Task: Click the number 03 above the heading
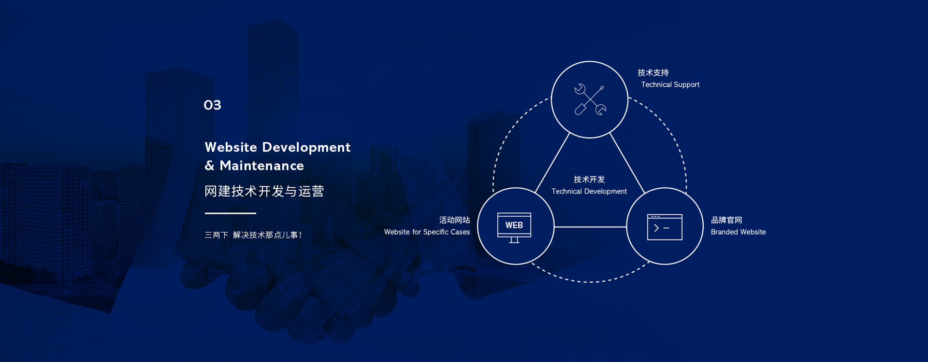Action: [x=212, y=105]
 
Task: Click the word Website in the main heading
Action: [x=231, y=147]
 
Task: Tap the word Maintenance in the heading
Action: [x=262, y=166]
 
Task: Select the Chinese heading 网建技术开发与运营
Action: [x=264, y=192]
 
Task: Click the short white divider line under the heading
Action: [x=230, y=213]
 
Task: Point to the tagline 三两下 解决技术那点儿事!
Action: [x=253, y=235]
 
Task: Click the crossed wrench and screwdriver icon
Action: [x=590, y=100]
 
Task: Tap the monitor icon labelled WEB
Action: [x=514, y=227]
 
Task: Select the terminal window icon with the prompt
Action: [x=665, y=227]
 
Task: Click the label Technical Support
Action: [x=670, y=84]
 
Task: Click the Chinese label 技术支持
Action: [x=653, y=72]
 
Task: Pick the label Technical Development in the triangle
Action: [x=589, y=192]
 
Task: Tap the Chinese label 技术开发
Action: [x=589, y=180]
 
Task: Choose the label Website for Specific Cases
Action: [x=427, y=232]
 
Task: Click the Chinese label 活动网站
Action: [x=454, y=220]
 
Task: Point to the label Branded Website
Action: [x=738, y=232]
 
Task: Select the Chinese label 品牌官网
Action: [x=726, y=220]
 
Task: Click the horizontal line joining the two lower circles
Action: [x=590, y=226]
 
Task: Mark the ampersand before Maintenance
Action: [x=209, y=166]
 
